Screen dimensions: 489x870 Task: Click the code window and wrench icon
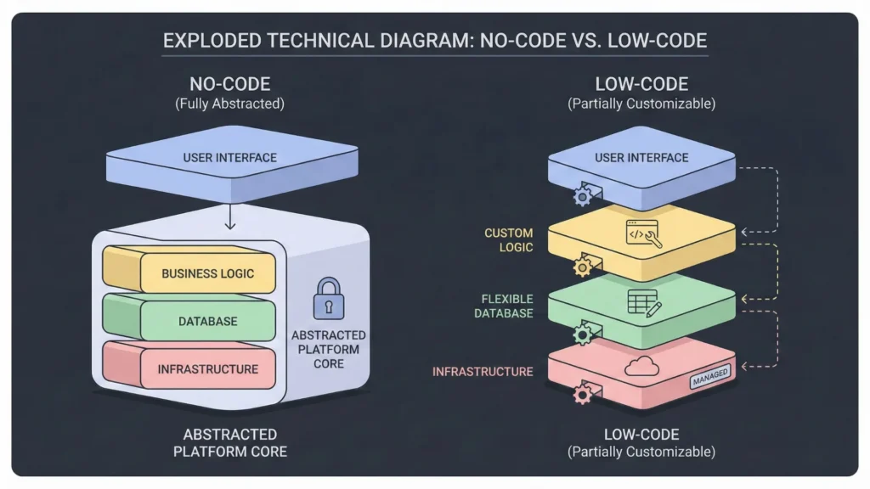642,233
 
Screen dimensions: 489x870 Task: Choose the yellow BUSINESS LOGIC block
206,273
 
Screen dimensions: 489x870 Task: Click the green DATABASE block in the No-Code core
206,322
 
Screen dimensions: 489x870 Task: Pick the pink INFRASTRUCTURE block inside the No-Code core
206,369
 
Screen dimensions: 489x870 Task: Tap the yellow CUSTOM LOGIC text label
508,240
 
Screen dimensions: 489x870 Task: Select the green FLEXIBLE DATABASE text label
507,306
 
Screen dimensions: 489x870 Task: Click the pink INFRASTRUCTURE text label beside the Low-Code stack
483,372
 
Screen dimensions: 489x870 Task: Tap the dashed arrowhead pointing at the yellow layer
745,230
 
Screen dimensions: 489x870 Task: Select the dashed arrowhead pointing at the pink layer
745,367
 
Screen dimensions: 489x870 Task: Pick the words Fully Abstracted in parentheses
229,104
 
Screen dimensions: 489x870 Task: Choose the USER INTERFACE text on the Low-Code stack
641,158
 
